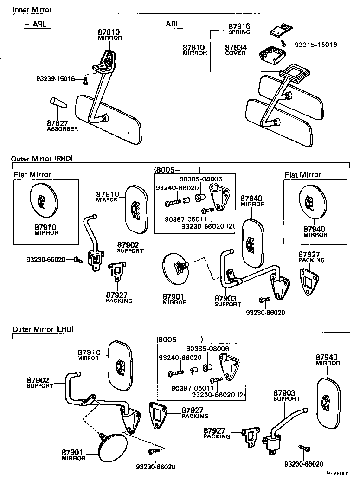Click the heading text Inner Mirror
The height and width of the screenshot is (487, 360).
tap(32, 9)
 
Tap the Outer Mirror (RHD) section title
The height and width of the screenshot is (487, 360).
tap(42, 158)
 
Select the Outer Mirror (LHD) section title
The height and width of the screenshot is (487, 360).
tap(43, 329)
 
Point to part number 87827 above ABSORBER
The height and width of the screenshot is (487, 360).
tap(58, 123)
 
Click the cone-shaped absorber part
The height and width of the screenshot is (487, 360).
tap(58, 107)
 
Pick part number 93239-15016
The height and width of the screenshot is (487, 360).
tap(56, 79)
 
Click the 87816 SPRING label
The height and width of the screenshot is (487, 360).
tap(239, 29)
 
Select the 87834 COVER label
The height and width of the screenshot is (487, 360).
tap(236, 50)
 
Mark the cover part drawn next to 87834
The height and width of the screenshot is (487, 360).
tap(271, 57)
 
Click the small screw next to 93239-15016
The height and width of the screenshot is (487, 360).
tap(85, 81)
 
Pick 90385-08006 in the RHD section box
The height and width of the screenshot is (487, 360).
tap(201, 179)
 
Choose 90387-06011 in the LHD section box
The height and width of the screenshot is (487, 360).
tap(192, 388)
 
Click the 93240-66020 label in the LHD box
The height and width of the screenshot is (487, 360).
tap(180, 358)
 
